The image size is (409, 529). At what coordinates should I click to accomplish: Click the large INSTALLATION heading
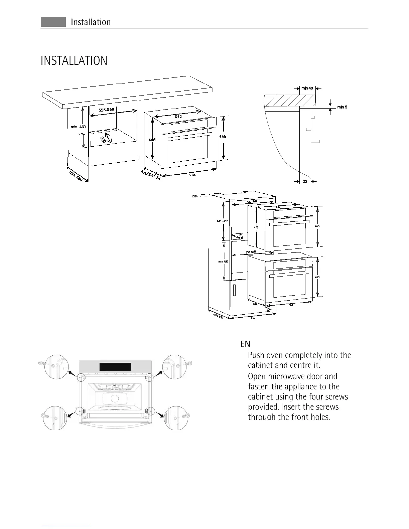tap(74, 61)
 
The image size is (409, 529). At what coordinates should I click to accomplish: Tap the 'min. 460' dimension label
tap(78, 127)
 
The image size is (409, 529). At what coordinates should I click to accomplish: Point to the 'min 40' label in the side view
tap(307, 88)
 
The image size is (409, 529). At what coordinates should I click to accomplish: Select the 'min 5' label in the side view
tap(342, 107)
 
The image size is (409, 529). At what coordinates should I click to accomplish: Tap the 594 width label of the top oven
tap(192, 175)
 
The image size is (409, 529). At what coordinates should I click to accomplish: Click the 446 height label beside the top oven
tap(152, 140)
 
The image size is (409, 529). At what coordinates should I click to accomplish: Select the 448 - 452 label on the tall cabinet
tap(222, 221)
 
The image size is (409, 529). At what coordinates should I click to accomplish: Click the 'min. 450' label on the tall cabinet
tap(223, 261)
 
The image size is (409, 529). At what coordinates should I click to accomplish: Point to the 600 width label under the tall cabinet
tap(253, 318)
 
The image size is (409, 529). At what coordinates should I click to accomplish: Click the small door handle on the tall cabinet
tap(235, 289)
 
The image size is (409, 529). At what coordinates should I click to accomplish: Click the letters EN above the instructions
tap(245, 344)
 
